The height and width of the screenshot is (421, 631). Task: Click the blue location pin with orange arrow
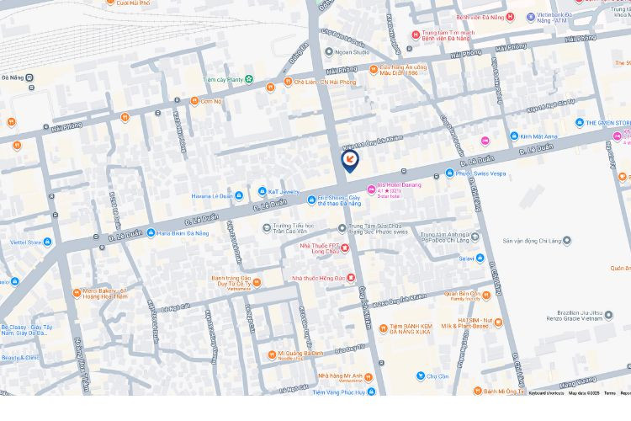(350, 159)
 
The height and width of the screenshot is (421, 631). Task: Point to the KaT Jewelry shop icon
(262, 192)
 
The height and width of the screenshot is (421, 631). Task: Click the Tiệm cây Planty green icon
(249, 79)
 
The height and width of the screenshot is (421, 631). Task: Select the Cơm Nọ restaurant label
(211, 101)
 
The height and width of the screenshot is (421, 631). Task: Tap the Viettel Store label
(25, 242)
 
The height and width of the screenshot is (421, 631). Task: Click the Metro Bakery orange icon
(76, 293)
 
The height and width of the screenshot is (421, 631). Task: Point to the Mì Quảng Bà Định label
(300, 354)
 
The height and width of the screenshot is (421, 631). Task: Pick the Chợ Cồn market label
(437, 376)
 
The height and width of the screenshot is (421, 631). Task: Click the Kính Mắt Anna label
(538, 136)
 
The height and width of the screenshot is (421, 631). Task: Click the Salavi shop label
(466, 258)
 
